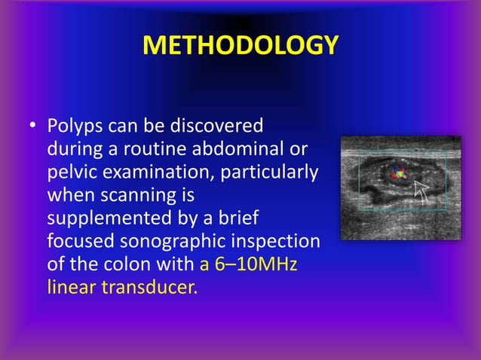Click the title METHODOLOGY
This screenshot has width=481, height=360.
[x=240, y=46]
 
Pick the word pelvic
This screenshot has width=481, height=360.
[x=68, y=172]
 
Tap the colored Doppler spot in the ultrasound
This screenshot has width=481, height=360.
[x=397, y=175]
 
